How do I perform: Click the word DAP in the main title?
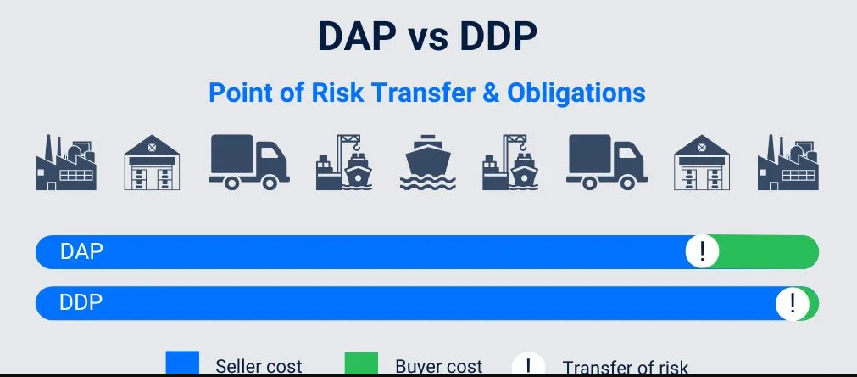coord(358,37)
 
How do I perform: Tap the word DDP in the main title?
coord(498,37)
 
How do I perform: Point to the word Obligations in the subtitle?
coord(576,93)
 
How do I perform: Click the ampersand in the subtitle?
coord(491,93)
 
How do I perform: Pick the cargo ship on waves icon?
coord(428,162)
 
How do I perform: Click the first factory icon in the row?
coord(66,162)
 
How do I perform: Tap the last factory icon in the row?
coord(788,162)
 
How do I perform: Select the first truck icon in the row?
coord(248,162)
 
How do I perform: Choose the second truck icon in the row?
coord(607,162)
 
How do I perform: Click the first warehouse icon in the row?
coord(152,162)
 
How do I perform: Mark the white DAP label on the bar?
coord(81,251)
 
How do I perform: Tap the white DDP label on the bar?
coord(81,302)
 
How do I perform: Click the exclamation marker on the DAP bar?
coord(702,251)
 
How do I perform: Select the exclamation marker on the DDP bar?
coord(792,302)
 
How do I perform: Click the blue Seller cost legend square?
coord(182,364)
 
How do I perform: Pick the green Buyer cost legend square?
coord(361,364)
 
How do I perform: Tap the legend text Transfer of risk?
coord(626,367)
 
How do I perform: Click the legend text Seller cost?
coord(259,366)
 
